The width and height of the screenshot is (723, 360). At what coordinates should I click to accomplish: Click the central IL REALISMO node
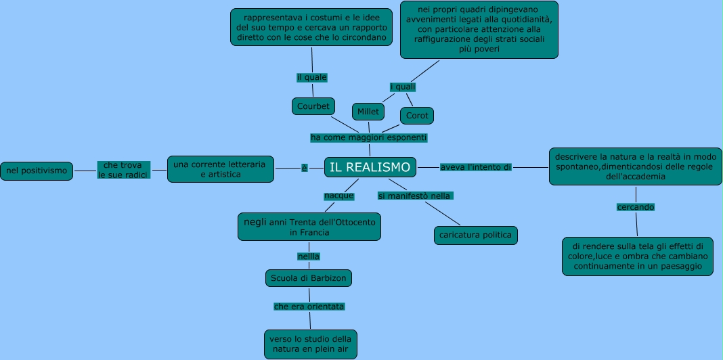370,167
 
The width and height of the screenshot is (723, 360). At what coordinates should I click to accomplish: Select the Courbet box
313,106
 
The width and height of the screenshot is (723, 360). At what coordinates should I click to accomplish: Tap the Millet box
368,111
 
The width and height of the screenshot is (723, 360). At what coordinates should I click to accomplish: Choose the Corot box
417,116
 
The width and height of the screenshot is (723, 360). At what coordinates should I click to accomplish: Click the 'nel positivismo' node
37,171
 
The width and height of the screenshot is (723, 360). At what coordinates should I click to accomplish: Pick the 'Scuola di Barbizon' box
309,278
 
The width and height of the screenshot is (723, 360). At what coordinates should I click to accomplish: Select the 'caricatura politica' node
475,235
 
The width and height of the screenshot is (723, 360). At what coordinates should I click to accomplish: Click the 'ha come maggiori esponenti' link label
369,137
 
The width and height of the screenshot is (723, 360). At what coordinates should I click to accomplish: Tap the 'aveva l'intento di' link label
475,167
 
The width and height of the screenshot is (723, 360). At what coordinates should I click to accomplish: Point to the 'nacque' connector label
339,196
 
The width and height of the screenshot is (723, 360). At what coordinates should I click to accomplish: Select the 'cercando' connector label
635,206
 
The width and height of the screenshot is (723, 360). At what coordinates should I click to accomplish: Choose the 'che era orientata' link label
309,307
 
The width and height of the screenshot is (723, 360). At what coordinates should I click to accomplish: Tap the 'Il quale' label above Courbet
311,77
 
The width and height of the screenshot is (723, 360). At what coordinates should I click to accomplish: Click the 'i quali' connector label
403,87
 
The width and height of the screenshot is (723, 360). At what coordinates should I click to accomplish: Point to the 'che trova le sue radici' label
123,170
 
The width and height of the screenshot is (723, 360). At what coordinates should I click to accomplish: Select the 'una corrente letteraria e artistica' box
221,169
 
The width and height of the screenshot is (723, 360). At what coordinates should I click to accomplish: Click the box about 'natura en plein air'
310,344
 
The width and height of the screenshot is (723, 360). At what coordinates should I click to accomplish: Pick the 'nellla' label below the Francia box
308,256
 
